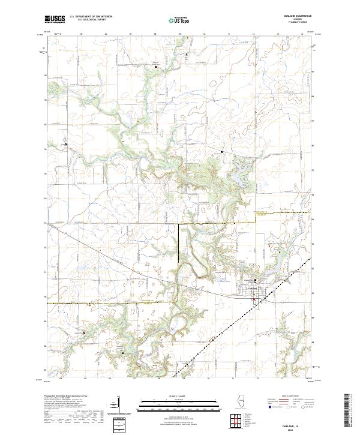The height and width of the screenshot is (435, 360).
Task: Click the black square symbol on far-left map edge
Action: point(65,145)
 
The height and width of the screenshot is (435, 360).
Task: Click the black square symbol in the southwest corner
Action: point(84,333)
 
